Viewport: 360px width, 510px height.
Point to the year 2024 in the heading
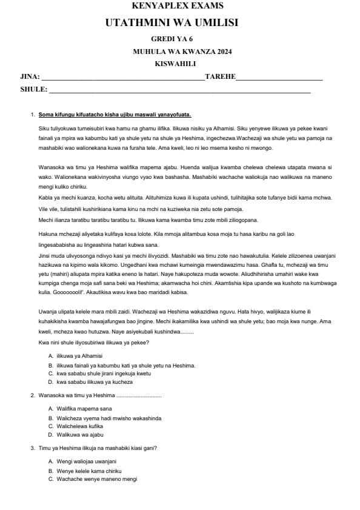pyautogui.click(x=222, y=52)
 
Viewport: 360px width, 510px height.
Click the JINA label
pyautogui.click(x=30, y=76)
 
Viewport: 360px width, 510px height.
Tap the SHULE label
pyautogui.click(x=33, y=89)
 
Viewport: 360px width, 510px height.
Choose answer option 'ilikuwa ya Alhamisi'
pyautogui.click(x=79, y=355)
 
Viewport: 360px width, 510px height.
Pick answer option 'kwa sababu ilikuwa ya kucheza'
pyautogui.click(x=94, y=383)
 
